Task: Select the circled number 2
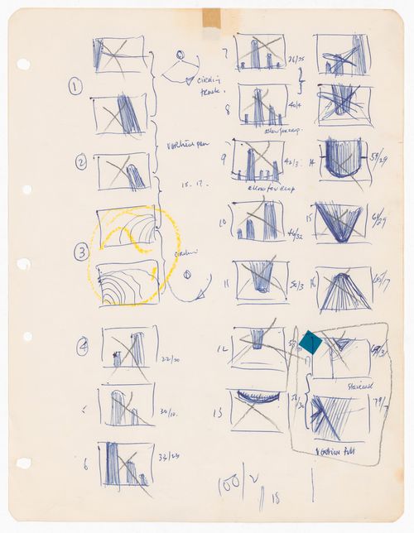(x=80, y=163)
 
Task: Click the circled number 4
(x=82, y=347)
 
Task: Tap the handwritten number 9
(x=223, y=157)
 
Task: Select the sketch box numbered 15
(x=339, y=223)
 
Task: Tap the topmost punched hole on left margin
(x=23, y=64)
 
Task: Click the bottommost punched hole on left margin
(x=23, y=463)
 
